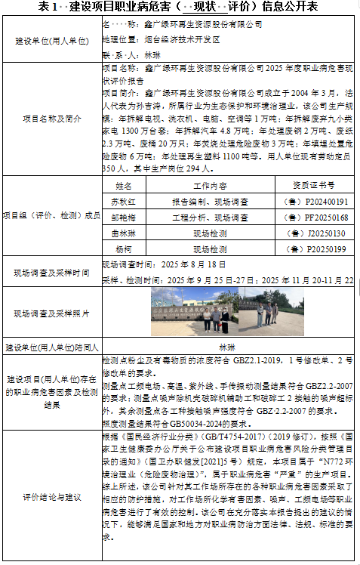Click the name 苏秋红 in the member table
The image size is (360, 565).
123,202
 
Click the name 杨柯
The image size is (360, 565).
123,249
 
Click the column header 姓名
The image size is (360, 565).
123,186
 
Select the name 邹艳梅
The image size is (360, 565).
123,218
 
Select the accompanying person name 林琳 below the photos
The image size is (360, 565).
227,347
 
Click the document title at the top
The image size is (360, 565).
179,7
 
